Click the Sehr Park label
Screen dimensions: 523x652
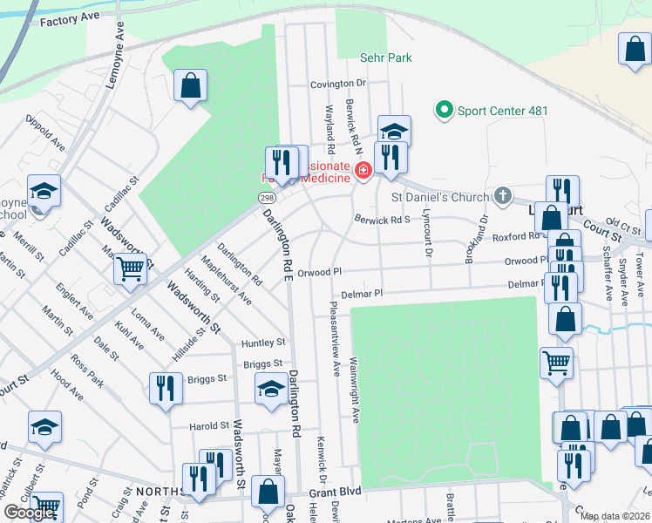pyautogui.click(x=385, y=58)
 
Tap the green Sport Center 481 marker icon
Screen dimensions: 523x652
pyautogui.click(x=444, y=110)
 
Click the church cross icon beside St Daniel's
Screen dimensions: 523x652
pyautogui.click(x=503, y=196)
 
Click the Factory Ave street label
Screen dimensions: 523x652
pyautogui.click(x=65, y=18)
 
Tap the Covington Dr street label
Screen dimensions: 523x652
pyautogui.click(x=340, y=85)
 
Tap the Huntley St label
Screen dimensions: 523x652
pyautogui.click(x=264, y=343)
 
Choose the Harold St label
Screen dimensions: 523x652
pyautogui.click(x=209, y=426)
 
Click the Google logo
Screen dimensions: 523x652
pyautogui.click(x=29, y=513)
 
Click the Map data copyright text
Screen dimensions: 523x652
pyautogui.click(x=615, y=516)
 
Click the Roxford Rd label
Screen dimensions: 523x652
pyautogui.click(x=516, y=236)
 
